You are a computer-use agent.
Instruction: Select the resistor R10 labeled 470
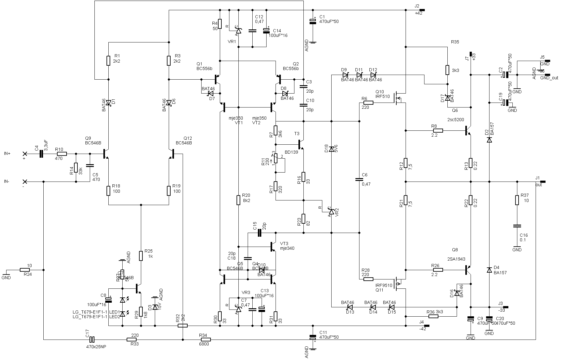pos(62,154)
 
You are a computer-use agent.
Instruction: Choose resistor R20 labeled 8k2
pos(238,200)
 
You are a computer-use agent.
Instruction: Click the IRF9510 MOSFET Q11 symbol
pos(399,283)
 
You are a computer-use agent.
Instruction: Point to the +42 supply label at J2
pos(418,13)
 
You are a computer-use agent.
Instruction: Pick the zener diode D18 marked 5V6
pos(331,149)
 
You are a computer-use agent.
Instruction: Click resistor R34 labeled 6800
pos(205,340)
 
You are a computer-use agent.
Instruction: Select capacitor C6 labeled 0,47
pos(359,179)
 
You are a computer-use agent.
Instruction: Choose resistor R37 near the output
pos(517,200)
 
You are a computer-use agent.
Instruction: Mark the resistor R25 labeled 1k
pos(141,256)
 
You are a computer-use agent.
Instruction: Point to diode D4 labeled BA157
pos(489,270)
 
